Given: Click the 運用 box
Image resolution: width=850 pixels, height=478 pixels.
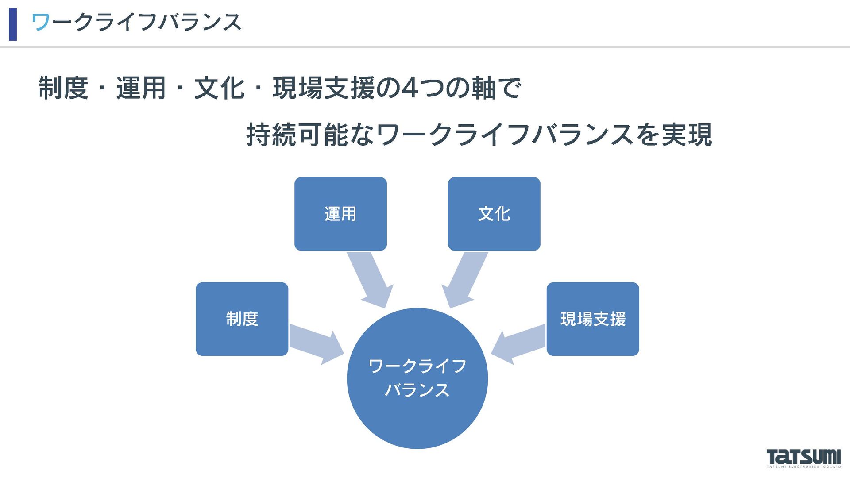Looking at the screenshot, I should (x=340, y=214).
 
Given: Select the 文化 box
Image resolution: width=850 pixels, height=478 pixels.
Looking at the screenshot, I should (x=494, y=214).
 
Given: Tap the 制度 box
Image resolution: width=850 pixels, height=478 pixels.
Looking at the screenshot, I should (x=242, y=319).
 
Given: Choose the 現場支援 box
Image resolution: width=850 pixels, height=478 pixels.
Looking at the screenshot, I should (x=593, y=319).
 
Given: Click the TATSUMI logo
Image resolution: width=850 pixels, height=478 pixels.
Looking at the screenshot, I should (x=804, y=458).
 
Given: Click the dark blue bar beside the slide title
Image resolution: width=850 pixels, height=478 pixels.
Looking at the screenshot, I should (x=13, y=24).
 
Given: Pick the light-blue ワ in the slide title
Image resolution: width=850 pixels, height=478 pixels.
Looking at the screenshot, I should (x=41, y=22).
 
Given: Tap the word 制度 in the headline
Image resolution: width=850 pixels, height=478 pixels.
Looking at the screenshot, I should (x=63, y=88).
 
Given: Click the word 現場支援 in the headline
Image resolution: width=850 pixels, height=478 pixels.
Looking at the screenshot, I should (x=324, y=88).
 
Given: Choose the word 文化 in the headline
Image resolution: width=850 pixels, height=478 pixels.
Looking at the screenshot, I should (x=219, y=88).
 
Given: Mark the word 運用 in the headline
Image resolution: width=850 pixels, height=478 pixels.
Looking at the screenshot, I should (x=141, y=88).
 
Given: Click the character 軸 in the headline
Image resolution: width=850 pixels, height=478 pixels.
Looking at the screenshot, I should (x=483, y=88).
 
